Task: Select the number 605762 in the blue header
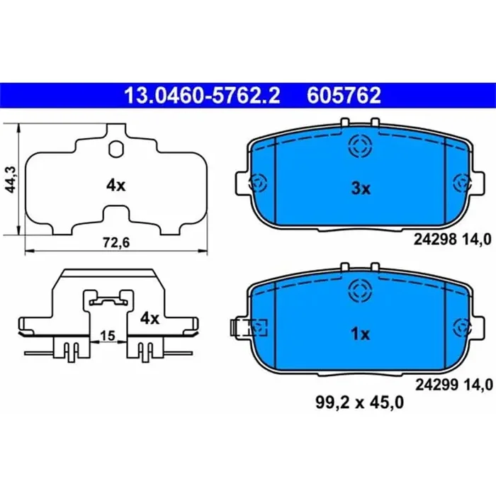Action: click(x=344, y=95)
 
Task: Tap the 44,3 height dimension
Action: click(x=9, y=179)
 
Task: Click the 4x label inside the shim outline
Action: click(x=115, y=186)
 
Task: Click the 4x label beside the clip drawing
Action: click(x=149, y=318)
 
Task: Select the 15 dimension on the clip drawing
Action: click(x=108, y=335)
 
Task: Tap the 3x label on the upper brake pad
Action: click(x=361, y=188)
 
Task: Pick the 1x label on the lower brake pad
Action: click(x=361, y=334)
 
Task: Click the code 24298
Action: click(x=434, y=239)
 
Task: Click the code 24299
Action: click(x=434, y=385)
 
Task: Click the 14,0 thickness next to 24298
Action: click(x=477, y=239)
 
